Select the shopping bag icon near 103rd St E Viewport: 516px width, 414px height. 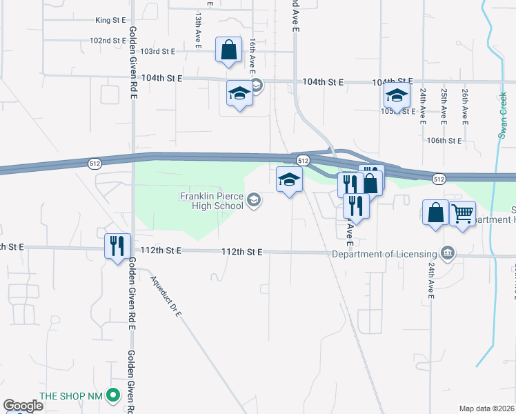228,50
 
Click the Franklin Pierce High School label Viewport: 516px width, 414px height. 211,201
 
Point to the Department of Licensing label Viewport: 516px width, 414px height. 384,253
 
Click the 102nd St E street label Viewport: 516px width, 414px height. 108,41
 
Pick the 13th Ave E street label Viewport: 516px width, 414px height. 198,30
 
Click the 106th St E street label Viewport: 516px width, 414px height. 444,140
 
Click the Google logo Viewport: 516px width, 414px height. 23,406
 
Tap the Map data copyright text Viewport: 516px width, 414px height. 486,408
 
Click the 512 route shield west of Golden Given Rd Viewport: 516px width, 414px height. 95,164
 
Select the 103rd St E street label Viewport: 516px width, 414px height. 158,51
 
